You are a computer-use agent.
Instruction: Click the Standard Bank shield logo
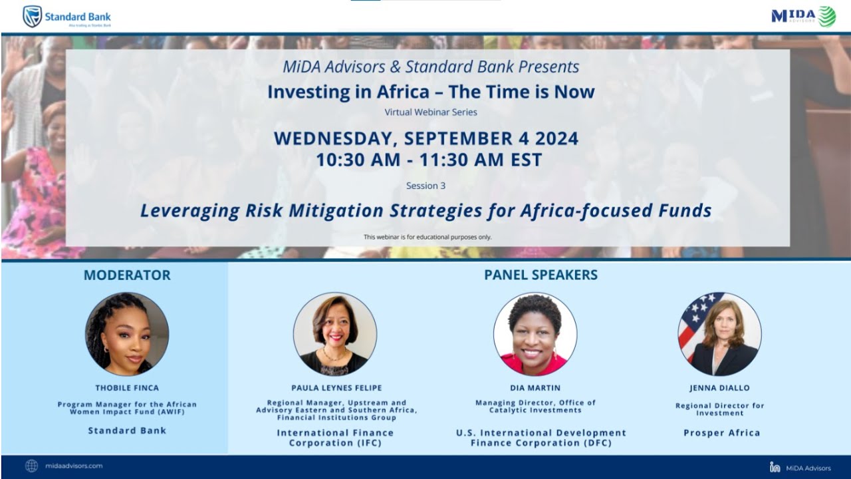[x=33, y=16]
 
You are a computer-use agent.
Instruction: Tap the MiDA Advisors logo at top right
[x=803, y=16]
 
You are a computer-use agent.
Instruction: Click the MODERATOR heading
[x=127, y=275]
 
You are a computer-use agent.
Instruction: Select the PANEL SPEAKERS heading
[x=541, y=275]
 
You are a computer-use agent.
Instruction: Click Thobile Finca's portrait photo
[x=127, y=334]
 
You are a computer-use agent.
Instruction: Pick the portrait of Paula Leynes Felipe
[x=335, y=334]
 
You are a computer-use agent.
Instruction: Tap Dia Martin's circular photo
[x=535, y=334]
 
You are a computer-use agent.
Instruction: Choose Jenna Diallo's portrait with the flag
[x=720, y=334]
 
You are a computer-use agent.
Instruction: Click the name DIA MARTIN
[x=535, y=388]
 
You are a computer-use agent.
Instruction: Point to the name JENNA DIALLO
[x=719, y=388]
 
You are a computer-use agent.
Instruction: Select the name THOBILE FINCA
[x=127, y=388]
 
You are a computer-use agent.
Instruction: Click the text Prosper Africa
[x=721, y=433]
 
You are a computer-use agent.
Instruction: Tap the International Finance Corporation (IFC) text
[x=335, y=438]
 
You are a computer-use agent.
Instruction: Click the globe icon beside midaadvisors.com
[x=31, y=466]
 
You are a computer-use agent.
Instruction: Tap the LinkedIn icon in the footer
[x=775, y=468]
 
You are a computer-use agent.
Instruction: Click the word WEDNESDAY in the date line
[x=335, y=138]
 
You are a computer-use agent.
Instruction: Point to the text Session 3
[x=425, y=186]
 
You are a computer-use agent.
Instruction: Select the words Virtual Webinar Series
[x=431, y=112]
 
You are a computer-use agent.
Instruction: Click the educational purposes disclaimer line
[x=427, y=237]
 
